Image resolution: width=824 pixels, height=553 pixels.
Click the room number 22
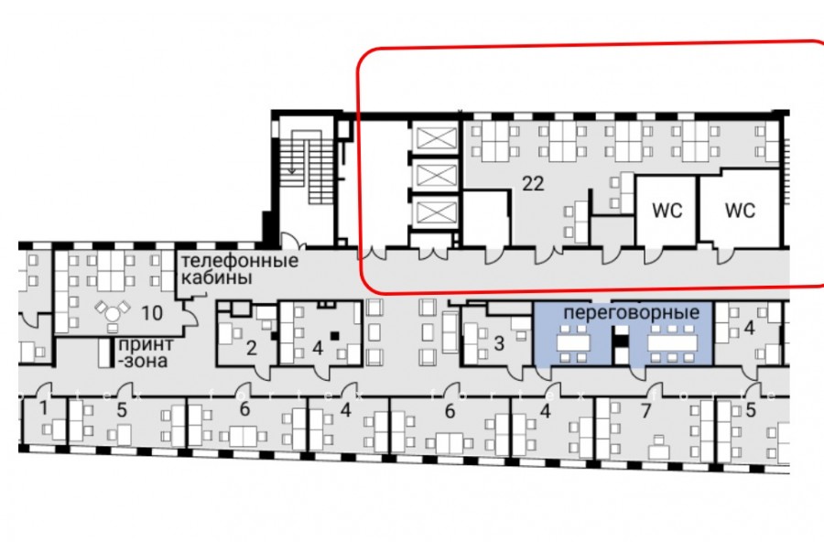(x=533, y=183)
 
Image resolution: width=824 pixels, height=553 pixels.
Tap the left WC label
(x=667, y=211)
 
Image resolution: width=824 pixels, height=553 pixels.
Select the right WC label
(x=740, y=211)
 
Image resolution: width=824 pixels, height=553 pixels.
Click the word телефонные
(x=240, y=260)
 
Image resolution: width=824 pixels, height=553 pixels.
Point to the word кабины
(x=216, y=277)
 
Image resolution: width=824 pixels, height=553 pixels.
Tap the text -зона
(x=142, y=361)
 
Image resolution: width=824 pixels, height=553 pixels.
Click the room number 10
(x=152, y=313)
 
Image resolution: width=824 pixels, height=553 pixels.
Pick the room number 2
(x=252, y=348)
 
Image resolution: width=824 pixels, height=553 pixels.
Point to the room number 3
(x=499, y=343)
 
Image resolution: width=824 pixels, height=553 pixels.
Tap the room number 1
(x=44, y=408)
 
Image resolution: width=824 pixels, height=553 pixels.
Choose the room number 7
(x=645, y=410)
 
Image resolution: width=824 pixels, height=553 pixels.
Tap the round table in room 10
(x=113, y=314)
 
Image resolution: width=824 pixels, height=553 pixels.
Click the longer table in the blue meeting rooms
(x=672, y=343)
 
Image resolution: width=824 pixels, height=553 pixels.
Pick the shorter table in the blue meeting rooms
(x=574, y=343)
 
